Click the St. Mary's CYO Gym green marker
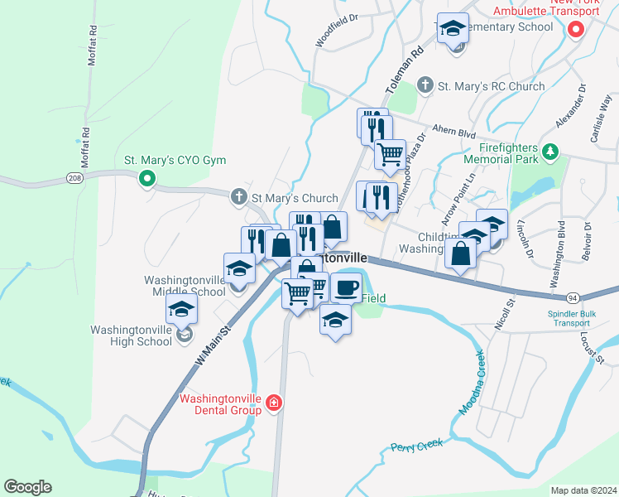coord(147,178)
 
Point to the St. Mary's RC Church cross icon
coord(425,85)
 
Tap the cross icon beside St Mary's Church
coord(239,197)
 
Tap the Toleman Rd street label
coord(404,70)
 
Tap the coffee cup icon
coord(346,287)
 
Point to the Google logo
coord(27,487)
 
